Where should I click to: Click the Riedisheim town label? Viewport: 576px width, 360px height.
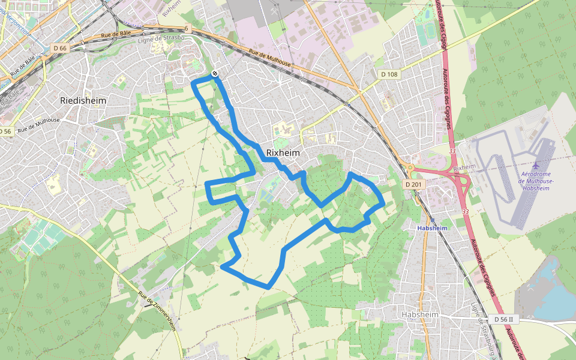pos(83,100)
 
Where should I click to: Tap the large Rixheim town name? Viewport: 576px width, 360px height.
pos(283,153)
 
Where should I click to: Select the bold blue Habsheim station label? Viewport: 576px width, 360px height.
pos(433,228)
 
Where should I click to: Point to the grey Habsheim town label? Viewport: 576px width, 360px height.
pos(420,315)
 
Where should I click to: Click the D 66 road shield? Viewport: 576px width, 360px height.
pos(59,47)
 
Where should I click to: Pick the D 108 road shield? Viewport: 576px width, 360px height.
pos(389,74)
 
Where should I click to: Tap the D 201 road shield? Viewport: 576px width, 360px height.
pos(413,184)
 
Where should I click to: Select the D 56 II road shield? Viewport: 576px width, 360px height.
pos(502,319)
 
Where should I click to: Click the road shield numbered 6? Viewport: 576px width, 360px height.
pos(187,28)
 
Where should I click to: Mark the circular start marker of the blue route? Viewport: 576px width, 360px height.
pos(214,74)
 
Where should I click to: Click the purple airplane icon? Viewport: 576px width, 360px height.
pos(536,164)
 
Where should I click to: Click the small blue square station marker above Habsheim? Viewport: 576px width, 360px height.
pos(433,220)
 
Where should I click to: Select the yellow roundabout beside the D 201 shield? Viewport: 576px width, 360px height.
pos(410,167)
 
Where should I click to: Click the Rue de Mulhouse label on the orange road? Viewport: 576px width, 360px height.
pos(270,59)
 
